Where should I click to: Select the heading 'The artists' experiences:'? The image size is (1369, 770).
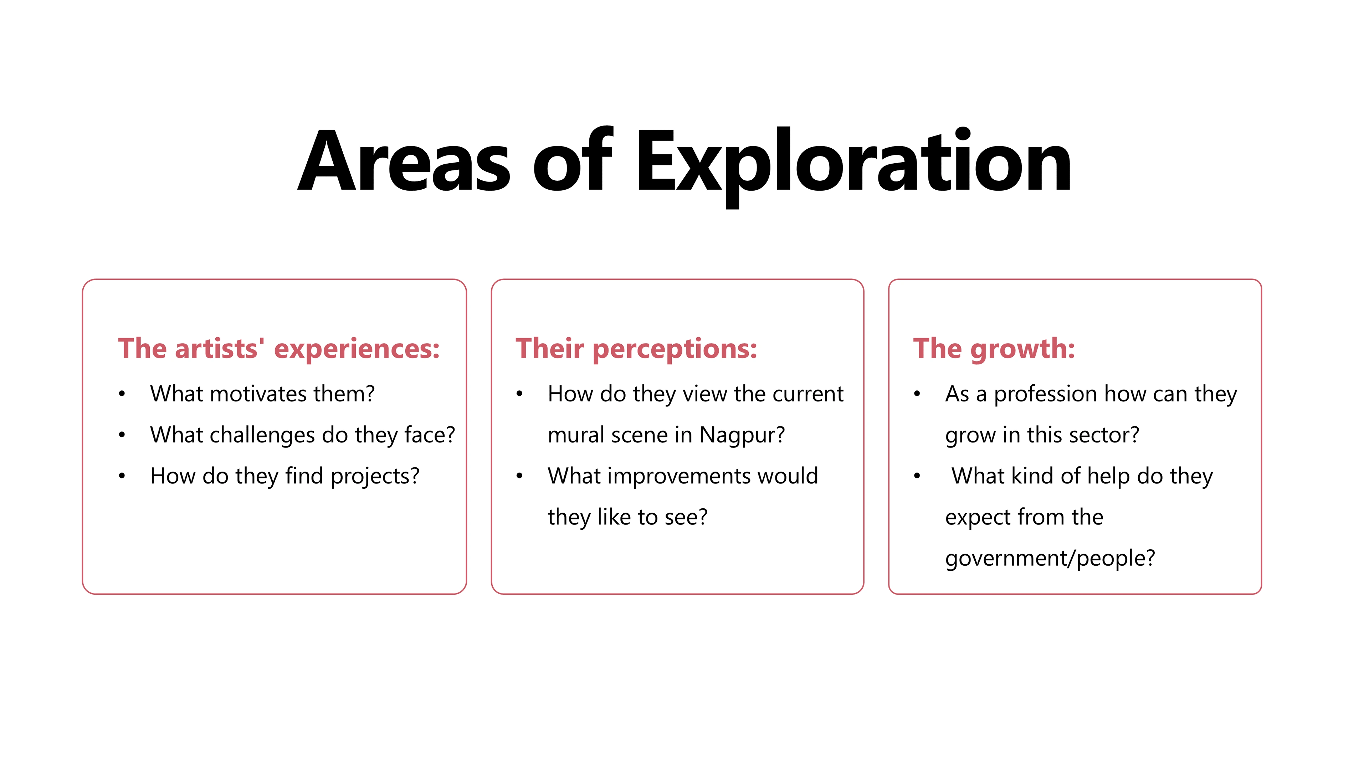(x=279, y=349)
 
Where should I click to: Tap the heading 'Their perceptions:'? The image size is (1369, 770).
(x=636, y=349)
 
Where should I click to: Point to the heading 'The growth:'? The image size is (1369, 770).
(x=994, y=349)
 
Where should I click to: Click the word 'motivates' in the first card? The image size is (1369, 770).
(x=259, y=394)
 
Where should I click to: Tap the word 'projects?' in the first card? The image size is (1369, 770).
(x=375, y=477)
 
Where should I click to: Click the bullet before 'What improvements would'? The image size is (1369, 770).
(x=520, y=476)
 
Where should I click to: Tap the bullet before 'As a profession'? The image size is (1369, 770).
(x=917, y=394)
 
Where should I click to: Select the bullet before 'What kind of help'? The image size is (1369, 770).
(x=917, y=476)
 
